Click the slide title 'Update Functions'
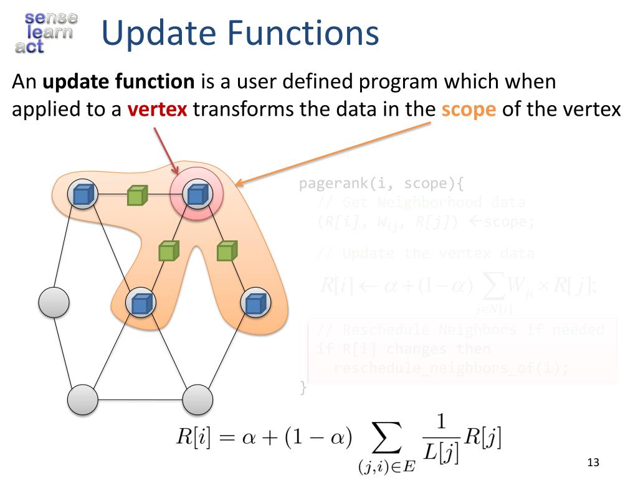click(240, 33)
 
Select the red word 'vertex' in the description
click(157, 110)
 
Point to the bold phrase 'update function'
click(118, 82)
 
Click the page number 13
click(593, 462)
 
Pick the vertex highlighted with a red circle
click(196, 195)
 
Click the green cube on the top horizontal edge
click(136, 196)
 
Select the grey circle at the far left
click(54, 302)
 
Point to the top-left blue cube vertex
click(82, 195)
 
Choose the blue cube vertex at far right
click(255, 303)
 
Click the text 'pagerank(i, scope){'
click(381, 184)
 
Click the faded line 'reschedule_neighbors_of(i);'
click(451, 368)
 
